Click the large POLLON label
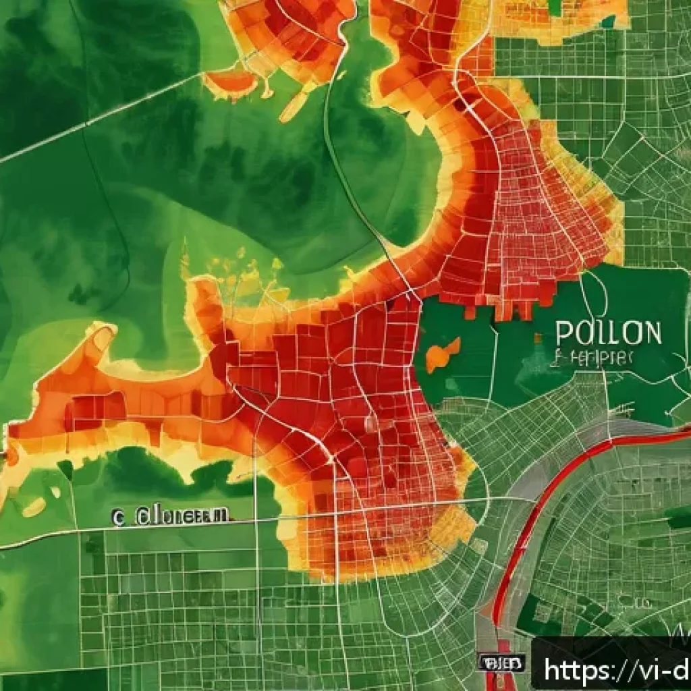(608, 332)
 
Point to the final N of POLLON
(651, 332)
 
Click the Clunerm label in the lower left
(179, 516)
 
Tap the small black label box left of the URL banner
(500, 663)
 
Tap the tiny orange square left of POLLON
(538, 337)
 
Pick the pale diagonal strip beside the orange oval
(294, 107)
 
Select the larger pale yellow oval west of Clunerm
(34, 507)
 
